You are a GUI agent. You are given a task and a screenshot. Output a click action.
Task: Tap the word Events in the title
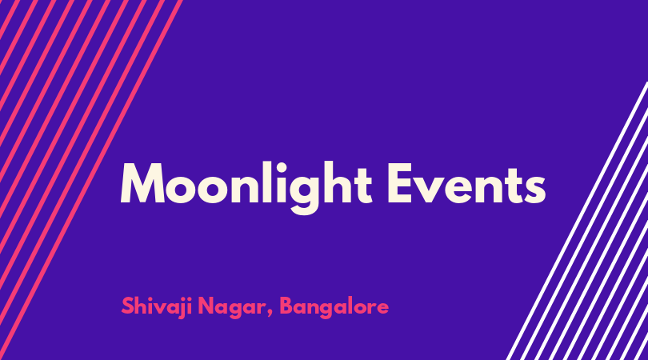[466, 183]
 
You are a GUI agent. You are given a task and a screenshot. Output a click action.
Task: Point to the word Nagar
[231, 308]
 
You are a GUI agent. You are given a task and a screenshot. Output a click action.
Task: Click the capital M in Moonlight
[142, 183]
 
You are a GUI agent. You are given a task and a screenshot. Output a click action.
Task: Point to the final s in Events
[534, 190]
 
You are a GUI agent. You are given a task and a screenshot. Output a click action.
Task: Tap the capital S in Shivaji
[128, 306]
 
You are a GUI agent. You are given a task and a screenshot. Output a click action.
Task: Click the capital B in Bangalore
[286, 306]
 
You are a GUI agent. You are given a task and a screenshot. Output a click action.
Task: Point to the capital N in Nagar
[206, 306]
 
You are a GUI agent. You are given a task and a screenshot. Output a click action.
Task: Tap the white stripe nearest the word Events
[577, 221]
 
